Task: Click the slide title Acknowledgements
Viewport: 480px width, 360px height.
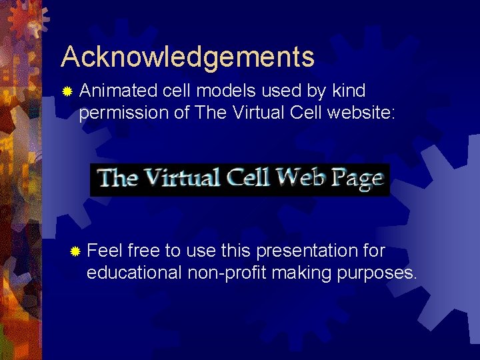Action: coord(187,57)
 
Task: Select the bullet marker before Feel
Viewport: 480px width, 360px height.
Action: coord(75,252)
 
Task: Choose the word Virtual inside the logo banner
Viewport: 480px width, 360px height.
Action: coord(180,178)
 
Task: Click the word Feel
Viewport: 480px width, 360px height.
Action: coord(105,251)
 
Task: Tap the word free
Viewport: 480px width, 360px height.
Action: coord(144,251)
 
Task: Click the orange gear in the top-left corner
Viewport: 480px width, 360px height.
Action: coord(25,20)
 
